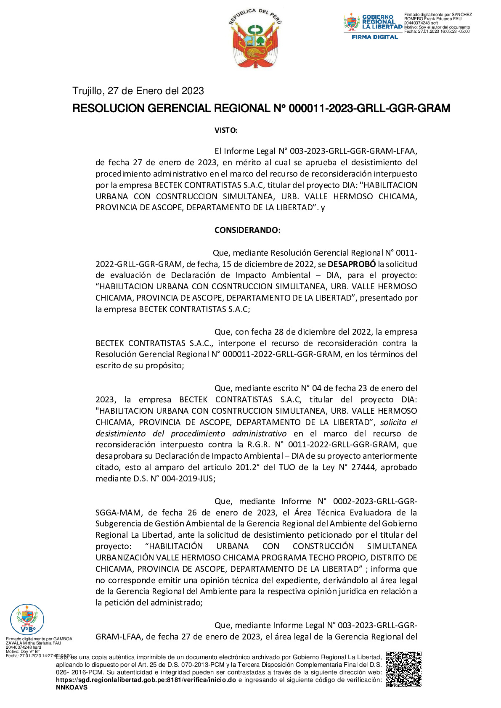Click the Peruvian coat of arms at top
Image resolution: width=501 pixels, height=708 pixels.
(x=255, y=39)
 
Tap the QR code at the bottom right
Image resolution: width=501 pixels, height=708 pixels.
(x=403, y=669)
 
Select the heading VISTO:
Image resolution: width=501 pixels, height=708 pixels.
(x=226, y=130)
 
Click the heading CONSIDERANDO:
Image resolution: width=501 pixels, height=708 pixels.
(x=247, y=230)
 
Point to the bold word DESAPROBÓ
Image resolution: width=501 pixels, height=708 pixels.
(x=352, y=264)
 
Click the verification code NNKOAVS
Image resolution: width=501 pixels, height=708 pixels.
(x=72, y=687)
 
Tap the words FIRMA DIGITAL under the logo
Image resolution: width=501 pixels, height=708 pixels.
(x=375, y=37)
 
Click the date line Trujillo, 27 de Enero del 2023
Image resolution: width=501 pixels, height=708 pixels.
(x=138, y=91)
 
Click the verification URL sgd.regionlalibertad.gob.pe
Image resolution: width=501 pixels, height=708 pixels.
(x=146, y=680)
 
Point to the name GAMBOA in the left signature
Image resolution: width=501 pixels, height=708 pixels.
(x=62, y=639)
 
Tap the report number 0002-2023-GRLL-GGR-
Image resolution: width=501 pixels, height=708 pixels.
(x=375, y=501)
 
